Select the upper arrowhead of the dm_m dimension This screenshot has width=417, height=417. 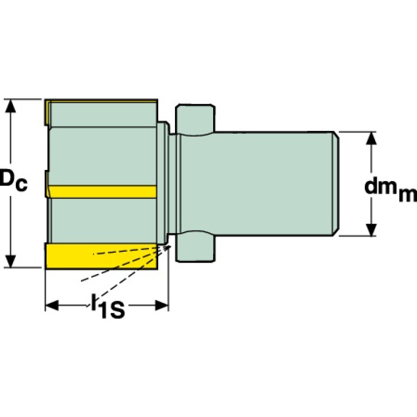(371, 137)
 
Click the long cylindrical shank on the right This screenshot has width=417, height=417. (272, 184)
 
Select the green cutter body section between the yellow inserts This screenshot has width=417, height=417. (103, 155)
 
